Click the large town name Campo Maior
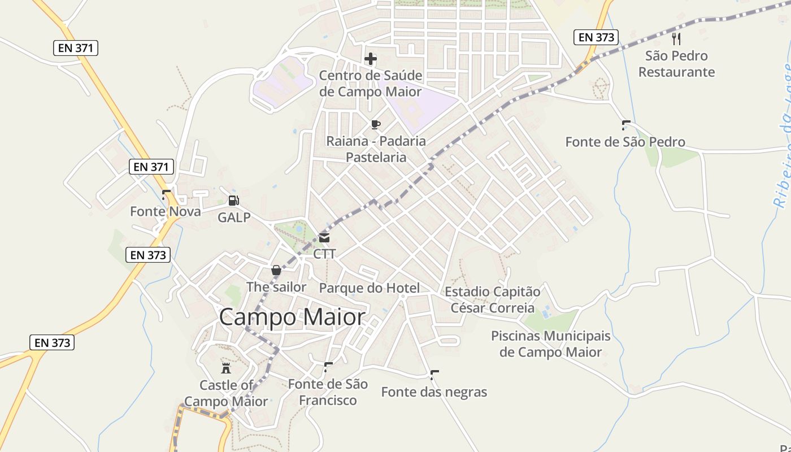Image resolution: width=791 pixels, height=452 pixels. (292, 317)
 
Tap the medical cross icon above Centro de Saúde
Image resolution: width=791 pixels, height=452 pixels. (371, 59)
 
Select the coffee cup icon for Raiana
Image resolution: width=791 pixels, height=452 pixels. (376, 124)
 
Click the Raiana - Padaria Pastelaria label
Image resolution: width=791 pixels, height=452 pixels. (376, 149)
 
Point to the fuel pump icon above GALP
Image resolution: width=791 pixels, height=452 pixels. (233, 200)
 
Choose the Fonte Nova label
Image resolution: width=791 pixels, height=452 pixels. (166, 211)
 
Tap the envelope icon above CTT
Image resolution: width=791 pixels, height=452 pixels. (324, 238)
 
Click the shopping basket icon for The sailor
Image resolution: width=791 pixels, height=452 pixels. (276, 271)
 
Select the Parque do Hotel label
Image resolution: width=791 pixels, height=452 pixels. (370, 288)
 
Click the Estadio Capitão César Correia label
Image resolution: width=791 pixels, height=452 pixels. (492, 300)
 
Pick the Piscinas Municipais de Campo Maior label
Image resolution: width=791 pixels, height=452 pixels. (551, 344)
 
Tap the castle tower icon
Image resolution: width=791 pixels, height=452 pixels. (226, 368)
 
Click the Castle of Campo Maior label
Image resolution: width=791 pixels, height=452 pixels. (226, 393)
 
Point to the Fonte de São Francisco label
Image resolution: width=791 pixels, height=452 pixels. (328, 392)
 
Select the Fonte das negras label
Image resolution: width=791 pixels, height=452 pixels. (434, 392)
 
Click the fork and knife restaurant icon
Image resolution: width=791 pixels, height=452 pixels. (676, 38)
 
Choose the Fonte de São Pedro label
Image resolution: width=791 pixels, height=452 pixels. (625, 142)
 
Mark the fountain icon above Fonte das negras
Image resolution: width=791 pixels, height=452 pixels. (434, 375)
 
